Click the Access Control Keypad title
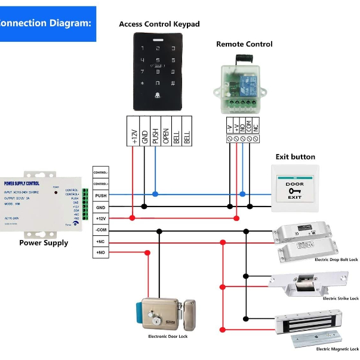click(x=159, y=24)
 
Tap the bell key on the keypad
click(x=158, y=96)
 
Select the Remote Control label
click(x=244, y=44)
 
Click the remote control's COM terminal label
click(x=247, y=125)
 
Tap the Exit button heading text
click(x=295, y=157)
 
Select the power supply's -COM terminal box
click(x=100, y=230)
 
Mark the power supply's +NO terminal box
click(x=100, y=253)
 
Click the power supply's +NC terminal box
click(x=100, y=241)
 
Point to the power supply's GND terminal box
click(x=100, y=207)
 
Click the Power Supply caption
click(x=44, y=243)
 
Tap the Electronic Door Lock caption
click(x=168, y=337)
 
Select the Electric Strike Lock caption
click(x=340, y=298)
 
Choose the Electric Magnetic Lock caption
click(x=337, y=349)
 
